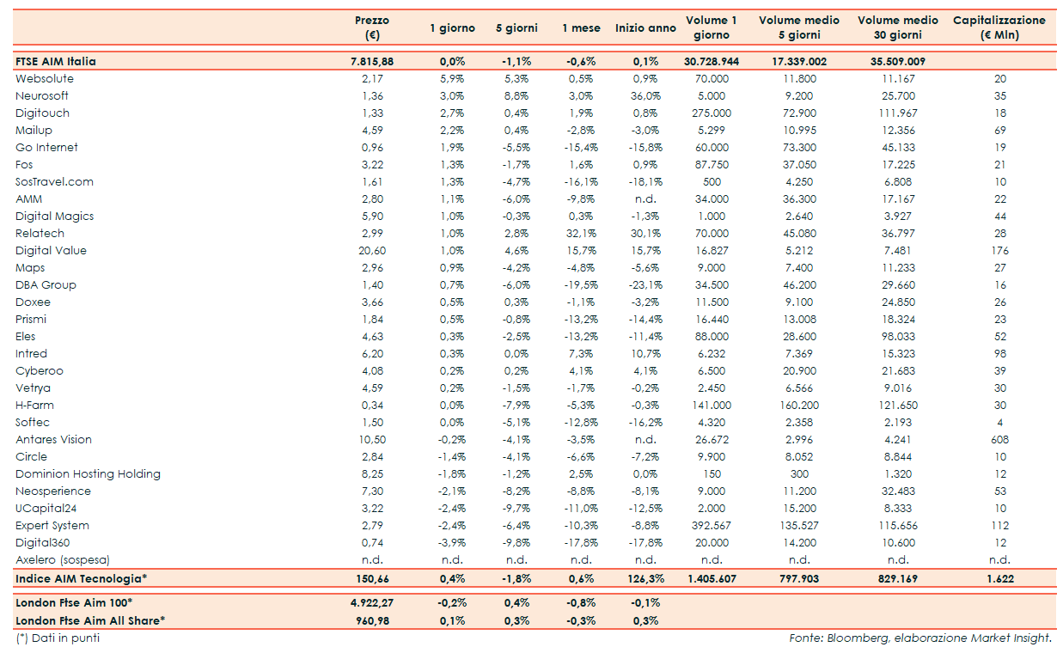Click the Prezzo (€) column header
coord(371,27)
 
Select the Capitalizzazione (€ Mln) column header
coord(999,27)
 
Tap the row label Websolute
coord(45,79)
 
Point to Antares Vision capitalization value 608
coord(999,440)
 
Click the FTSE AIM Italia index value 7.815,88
coord(371,62)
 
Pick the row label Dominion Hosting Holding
coord(88,474)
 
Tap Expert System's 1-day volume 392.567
coord(711,526)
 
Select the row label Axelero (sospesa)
coord(63,560)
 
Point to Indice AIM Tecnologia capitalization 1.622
coord(999,579)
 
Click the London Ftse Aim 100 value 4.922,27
coord(371,602)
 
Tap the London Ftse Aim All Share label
coord(90,620)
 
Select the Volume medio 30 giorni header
coord(898,27)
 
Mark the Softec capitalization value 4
coord(999,423)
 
